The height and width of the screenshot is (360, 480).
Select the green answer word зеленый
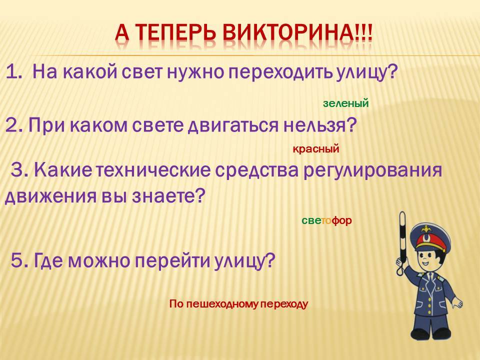tap(345, 103)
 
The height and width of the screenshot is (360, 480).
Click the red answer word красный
tap(316, 149)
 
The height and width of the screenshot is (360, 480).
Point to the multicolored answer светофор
tap(326, 220)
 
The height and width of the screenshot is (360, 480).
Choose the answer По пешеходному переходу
tap(238, 304)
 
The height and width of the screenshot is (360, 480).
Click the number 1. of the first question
tap(14, 72)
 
